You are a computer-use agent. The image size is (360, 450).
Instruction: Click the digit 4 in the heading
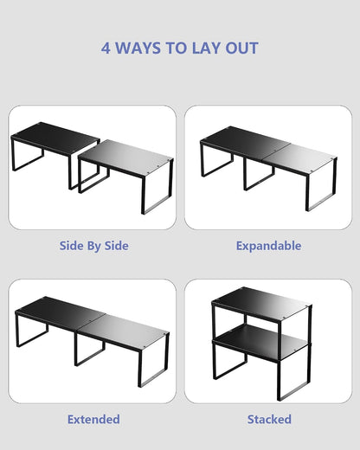(106, 48)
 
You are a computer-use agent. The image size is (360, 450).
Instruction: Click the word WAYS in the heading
(138, 48)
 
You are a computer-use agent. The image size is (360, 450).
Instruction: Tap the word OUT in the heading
(241, 48)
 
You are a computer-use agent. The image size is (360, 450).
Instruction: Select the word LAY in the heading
(205, 48)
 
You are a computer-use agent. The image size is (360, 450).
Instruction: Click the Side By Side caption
(94, 246)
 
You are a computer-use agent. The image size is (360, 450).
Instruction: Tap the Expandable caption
(268, 246)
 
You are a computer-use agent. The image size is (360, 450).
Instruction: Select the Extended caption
(93, 419)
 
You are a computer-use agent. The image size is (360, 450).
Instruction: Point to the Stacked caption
(269, 419)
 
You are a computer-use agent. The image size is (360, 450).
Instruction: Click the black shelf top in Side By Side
(55, 137)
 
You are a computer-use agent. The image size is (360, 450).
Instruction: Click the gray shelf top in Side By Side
(125, 156)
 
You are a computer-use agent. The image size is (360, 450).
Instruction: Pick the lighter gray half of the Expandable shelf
(301, 157)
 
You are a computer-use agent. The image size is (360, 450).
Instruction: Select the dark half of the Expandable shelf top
(245, 141)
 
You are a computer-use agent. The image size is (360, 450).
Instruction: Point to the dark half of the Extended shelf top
(60, 312)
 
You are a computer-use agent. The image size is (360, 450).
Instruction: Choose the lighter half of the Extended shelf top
(124, 329)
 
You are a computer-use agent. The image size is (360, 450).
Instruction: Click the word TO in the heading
(176, 48)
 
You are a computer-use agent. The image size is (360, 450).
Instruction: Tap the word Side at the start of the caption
(69, 246)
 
